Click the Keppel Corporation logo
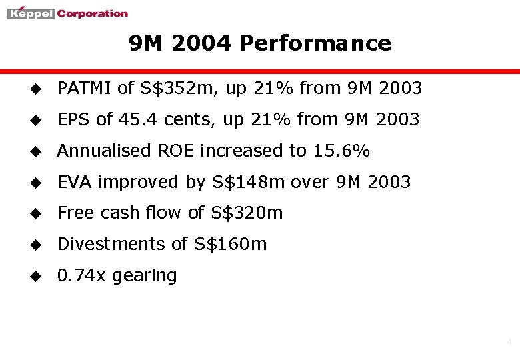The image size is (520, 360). pos(67,13)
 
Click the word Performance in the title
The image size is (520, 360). pos(315,43)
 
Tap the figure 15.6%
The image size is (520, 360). pos(341,151)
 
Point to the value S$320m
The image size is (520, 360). pos(247,213)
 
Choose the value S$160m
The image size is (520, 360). pos(231,244)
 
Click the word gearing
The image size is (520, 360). pos(145,276)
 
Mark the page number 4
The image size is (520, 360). pos(509,343)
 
